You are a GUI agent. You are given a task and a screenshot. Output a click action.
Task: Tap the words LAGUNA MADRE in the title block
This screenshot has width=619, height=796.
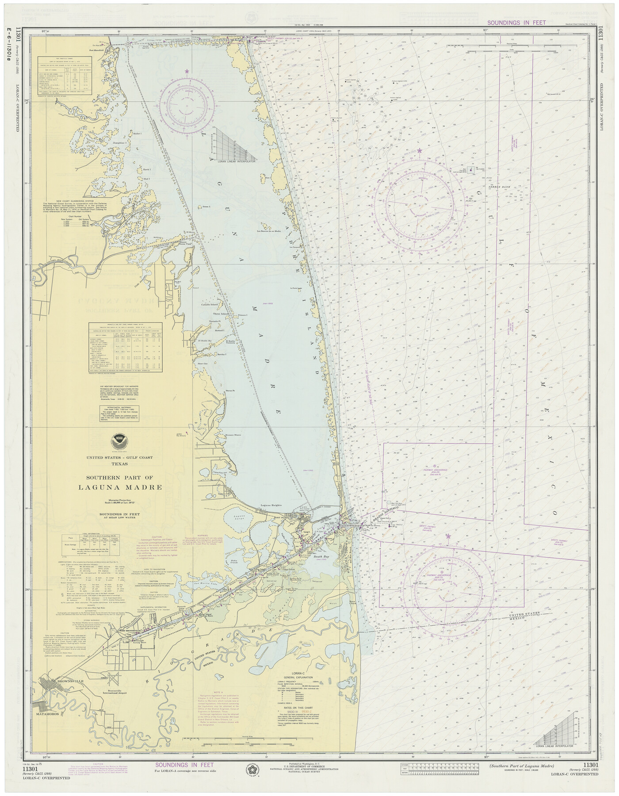click(x=120, y=487)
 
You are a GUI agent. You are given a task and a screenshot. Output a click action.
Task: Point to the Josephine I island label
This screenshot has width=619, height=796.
click(x=119, y=143)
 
